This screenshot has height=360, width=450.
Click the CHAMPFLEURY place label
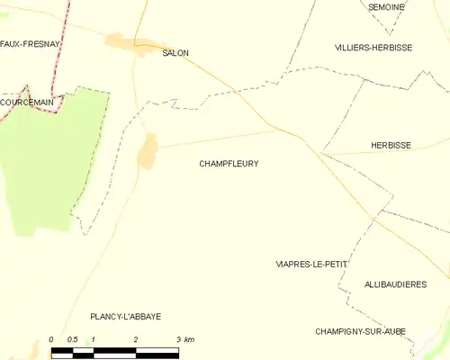coord(229,164)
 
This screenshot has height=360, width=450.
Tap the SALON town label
coord(175,53)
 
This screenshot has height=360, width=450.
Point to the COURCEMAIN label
coord(26,103)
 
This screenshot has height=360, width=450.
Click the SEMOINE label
coord(386,7)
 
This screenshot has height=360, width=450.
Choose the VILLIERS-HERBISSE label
coord(373,48)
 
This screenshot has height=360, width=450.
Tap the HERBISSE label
coord(391,144)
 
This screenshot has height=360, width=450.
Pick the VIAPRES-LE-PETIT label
coord(310,265)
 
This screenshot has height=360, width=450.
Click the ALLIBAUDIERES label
coord(395,284)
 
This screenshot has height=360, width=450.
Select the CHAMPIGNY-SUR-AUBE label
coord(360,331)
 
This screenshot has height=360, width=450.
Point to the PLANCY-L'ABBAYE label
coord(125,316)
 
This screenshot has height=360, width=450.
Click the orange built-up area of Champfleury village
coord(148,151)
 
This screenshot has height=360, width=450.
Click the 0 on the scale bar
coord(51,339)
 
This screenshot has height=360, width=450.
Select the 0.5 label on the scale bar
coord(72,339)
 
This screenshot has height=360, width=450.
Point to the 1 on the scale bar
coord(94,339)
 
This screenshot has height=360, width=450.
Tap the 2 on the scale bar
coord(136,339)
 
